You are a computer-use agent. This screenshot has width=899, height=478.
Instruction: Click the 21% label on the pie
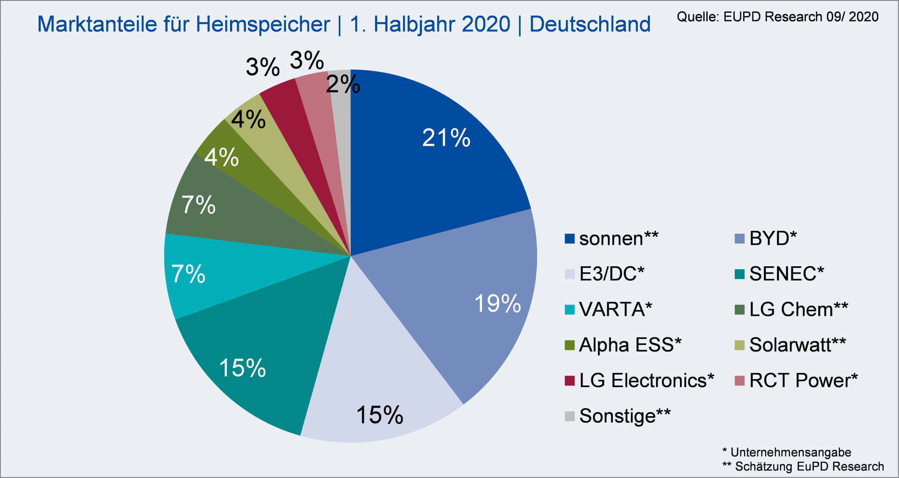(x=446, y=138)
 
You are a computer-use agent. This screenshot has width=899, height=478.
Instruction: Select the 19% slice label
(x=497, y=304)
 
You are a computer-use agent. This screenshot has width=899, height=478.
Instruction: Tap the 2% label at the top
(x=343, y=84)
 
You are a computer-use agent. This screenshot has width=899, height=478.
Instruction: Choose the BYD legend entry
(x=773, y=239)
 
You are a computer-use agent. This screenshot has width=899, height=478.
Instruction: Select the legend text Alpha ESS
(x=630, y=345)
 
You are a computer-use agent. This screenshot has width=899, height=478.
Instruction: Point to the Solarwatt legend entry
(x=797, y=345)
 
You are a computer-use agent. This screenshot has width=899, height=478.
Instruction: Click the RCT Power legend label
(x=803, y=380)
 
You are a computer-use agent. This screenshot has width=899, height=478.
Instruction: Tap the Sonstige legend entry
(x=624, y=416)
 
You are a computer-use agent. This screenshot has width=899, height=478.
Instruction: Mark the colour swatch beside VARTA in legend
(x=569, y=310)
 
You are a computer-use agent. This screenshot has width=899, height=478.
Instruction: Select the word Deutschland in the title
(x=590, y=24)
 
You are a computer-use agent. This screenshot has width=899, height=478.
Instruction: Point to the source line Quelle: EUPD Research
(x=777, y=17)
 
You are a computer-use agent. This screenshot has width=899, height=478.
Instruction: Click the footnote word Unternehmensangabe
(x=791, y=453)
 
